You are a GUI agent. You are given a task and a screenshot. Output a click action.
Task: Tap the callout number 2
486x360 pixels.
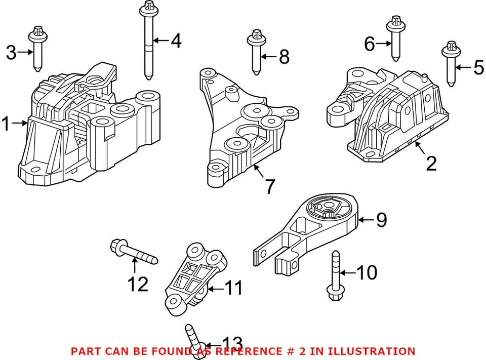[x=431, y=164]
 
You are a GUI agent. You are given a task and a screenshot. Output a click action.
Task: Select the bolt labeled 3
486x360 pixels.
[x=36, y=50]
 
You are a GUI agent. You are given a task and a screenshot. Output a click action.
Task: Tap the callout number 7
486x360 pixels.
[x=270, y=186]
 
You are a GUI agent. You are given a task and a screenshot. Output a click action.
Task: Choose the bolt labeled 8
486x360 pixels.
[x=256, y=53]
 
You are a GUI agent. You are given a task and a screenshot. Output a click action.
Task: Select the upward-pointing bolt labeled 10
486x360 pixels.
[x=335, y=276]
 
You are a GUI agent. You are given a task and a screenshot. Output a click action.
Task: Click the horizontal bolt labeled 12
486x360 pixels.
[x=133, y=253]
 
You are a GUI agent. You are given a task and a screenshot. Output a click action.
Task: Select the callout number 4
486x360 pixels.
[x=176, y=41]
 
